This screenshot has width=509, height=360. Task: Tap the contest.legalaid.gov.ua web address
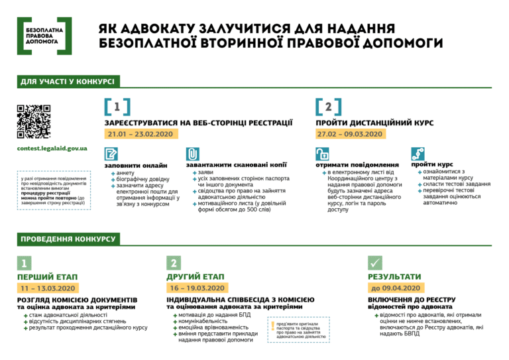52,148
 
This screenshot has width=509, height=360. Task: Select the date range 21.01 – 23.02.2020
140,134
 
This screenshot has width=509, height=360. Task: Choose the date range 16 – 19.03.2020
199,288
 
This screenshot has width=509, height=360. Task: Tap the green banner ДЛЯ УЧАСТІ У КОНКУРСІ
67,81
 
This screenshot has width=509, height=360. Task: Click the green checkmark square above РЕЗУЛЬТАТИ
375,263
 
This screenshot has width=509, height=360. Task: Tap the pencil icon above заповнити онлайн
111,153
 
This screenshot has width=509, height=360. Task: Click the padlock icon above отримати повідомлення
321,153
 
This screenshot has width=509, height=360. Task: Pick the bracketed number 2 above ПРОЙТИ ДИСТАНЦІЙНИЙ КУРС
329,107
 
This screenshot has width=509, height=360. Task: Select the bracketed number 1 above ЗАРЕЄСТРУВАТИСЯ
117,107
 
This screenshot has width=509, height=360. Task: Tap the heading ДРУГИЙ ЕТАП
196,276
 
